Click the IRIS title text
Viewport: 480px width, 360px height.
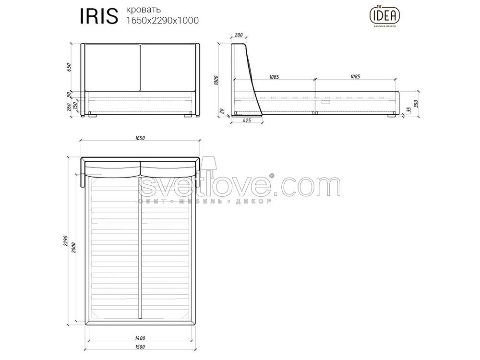point(98,16)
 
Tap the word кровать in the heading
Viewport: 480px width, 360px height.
point(143,10)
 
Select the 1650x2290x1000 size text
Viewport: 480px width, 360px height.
point(163,21)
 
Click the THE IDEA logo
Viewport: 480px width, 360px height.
point(385,17)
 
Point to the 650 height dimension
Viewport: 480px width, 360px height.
point(69,67)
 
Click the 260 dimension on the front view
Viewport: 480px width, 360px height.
point(69,107)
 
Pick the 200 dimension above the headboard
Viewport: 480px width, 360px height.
point(238,35)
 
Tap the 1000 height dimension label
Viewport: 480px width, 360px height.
point(216,80)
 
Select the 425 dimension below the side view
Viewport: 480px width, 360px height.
point(246,120)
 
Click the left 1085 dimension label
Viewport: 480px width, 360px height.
point(274,77)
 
